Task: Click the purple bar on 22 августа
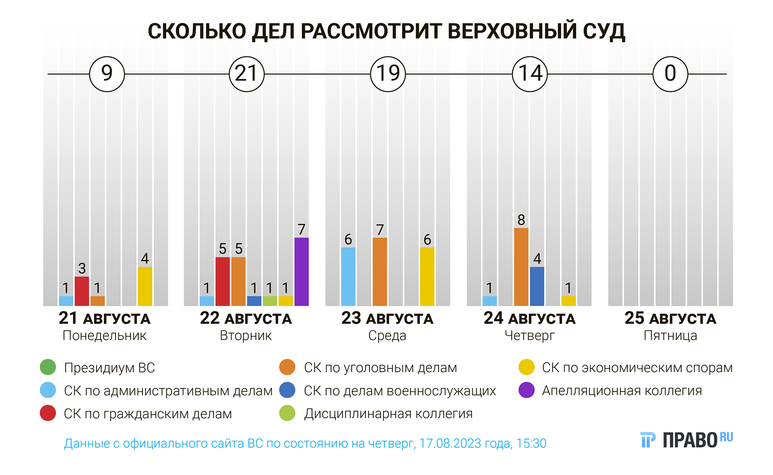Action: coord(301,272)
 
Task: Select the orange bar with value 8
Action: coord(521,267)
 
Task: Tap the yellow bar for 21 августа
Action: coord(145,286)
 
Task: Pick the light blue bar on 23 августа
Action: coord(348,277)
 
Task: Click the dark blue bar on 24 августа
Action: coord(537,286)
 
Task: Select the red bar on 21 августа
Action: coord(82,291)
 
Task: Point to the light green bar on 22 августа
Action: coord(270,301)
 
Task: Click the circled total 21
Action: coord(247,74)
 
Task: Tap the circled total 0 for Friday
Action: coord(670,74)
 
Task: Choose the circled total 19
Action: coord(388,74)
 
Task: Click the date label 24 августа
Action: coord(530,318)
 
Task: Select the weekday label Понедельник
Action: coord(104,335)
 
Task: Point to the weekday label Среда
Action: coord(387,335)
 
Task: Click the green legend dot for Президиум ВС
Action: coord(48,367)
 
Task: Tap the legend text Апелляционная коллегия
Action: coord(622,390)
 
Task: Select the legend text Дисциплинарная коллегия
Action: coord(388,413)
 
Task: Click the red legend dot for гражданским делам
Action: coord(48,413)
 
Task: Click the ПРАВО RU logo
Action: coord(686,440)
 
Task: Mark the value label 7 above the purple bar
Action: coord(301,229)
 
